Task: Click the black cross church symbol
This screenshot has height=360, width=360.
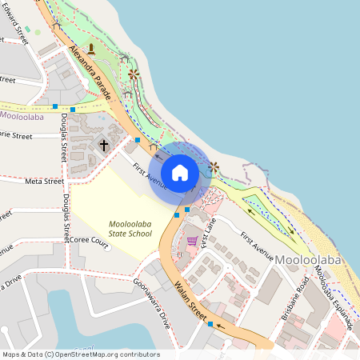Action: (x=103, y=144)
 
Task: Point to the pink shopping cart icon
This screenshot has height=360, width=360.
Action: (x=192, y=240)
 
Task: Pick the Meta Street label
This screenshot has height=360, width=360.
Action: (x=44, y=182)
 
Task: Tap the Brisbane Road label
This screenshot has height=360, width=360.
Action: (x=300, y=295)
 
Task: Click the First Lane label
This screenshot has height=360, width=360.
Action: (x=209, y=237)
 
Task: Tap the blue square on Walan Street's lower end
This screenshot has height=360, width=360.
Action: (x=210, y=324)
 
